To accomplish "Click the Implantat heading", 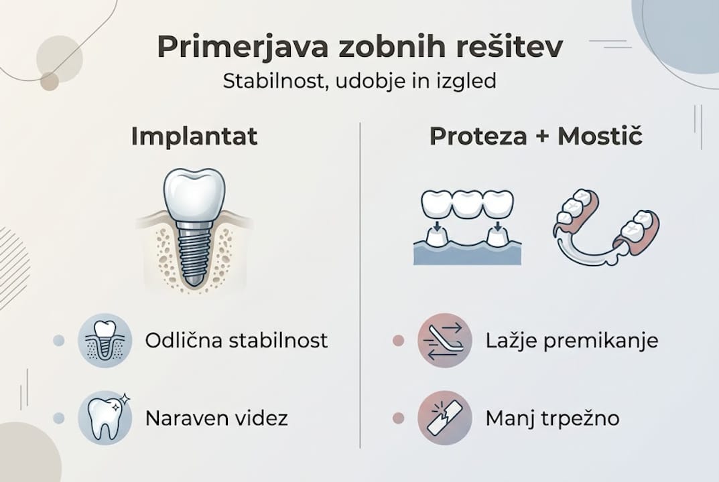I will (194, 136).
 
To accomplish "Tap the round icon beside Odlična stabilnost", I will (105, 340).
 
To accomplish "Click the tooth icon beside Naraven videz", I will (105, 419).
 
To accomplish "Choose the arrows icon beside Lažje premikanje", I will (444, 340).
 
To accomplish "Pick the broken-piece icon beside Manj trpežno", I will (444, 419).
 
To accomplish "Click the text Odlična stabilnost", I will (237, 340).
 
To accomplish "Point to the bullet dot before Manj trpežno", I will (398, 419).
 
